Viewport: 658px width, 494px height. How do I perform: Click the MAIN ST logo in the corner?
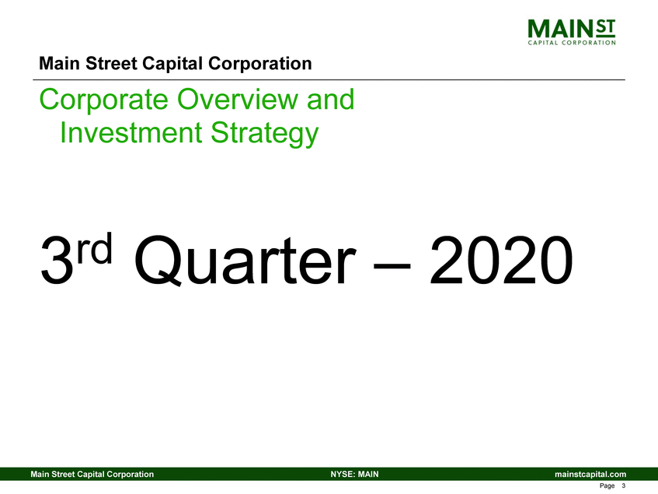[572, 32]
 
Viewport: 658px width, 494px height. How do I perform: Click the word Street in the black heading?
[111, 64]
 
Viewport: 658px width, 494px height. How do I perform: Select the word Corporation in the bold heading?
[259, 64]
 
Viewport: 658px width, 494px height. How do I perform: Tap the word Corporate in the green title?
[103, 100]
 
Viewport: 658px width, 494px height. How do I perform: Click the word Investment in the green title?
[131, 132]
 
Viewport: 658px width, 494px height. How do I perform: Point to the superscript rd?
[96, 248]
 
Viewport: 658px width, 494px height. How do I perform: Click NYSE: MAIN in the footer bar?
[354, 475]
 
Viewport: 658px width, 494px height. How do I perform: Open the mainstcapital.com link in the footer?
[590, 475]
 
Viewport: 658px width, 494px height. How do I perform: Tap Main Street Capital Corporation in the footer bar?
[92, 475]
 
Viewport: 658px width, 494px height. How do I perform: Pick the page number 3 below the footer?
[624, 485]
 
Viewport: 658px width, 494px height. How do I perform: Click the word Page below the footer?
[608, 486]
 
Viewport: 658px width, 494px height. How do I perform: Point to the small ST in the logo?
[605, 27]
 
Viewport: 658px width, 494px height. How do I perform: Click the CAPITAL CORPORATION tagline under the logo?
[572, 43]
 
